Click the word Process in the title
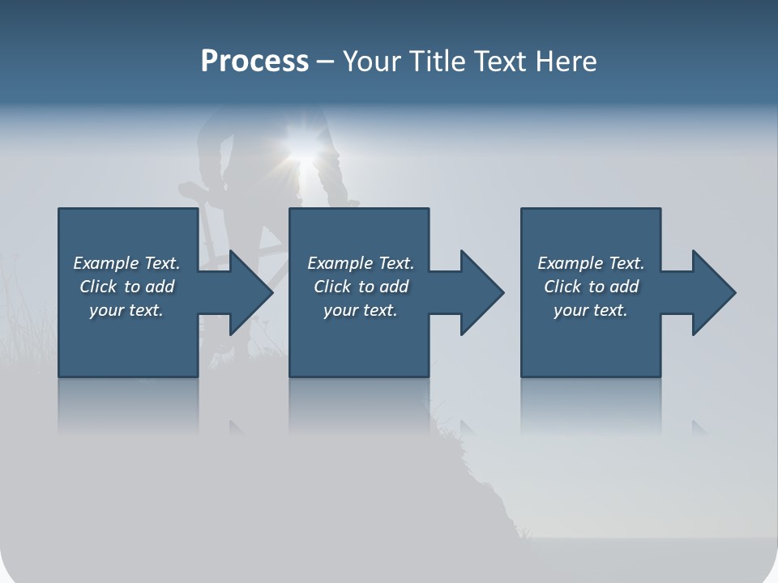254,62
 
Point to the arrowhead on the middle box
481,292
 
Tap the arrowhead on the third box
712,292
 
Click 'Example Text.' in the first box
126,263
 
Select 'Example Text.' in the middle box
361,263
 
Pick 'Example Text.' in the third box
591,263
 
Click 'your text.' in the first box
126,310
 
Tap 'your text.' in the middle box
361,310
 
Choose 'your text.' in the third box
591,310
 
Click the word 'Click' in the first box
98,287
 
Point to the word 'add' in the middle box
394,287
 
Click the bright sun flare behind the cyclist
301,146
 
